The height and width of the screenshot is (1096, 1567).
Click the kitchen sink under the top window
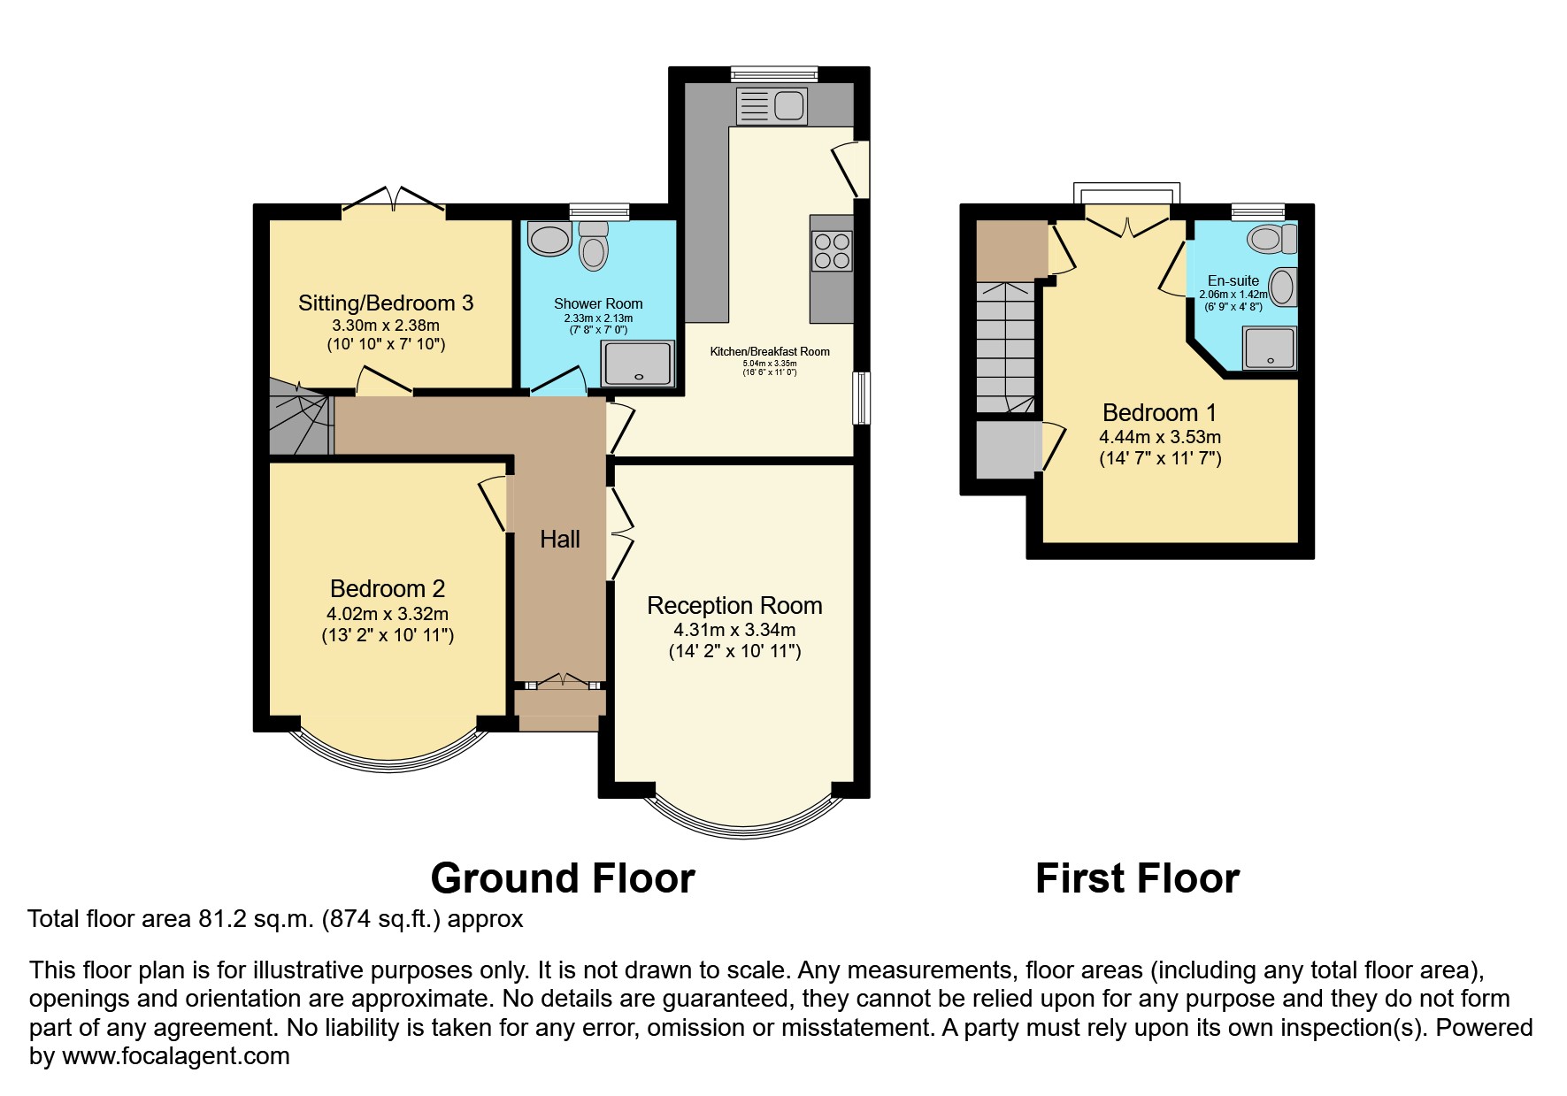(770, 106)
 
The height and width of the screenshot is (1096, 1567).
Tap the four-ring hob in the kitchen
(832, 249)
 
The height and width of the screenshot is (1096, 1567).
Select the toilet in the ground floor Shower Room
(594, 245)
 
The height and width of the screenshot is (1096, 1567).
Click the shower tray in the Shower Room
(637, 364)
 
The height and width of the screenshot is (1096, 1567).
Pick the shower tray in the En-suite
(1270, 348)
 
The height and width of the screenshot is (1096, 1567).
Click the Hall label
(560, 540)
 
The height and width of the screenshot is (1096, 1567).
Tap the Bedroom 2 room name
(388, 589)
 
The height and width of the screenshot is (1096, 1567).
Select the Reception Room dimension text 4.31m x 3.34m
(734, 630)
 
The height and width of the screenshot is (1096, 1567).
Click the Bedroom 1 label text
(1159, 413)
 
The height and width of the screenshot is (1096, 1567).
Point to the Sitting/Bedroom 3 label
(386, 303)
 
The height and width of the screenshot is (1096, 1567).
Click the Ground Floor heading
(563, 878)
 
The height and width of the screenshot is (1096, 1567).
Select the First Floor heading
(1137, 878)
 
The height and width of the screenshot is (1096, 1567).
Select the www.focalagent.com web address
(176, 1055)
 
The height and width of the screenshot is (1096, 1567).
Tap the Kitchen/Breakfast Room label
(770, 352)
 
